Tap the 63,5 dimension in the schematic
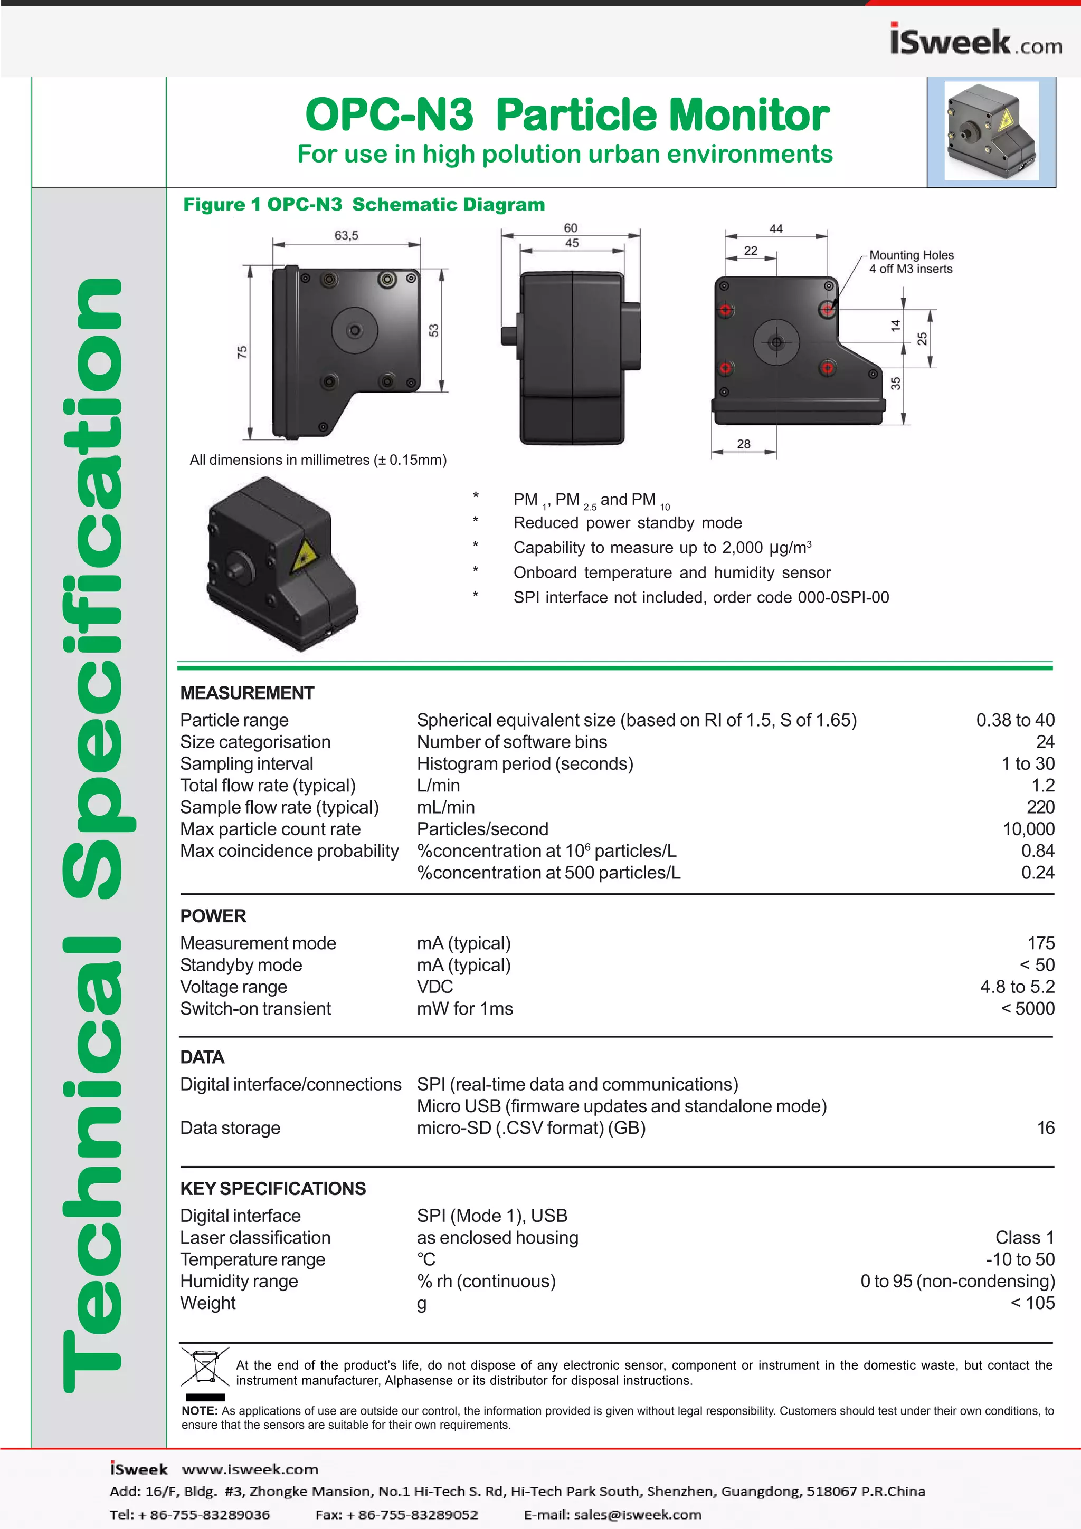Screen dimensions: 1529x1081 [346, 235]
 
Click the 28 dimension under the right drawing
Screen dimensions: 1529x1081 [743, 444]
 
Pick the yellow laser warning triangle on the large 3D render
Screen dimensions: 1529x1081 [305, 553]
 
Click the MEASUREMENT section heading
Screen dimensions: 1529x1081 [246, 693]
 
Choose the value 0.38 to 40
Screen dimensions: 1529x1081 [1014, 720]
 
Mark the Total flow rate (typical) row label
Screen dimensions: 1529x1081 [268, 786]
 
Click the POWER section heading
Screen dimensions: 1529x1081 [213, 916]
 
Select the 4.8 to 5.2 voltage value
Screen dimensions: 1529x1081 [1017, 987]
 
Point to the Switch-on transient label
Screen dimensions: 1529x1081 [255, 1009]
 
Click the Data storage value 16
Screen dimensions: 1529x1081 [1045, 1128]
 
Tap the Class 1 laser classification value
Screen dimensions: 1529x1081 [1025, 1238]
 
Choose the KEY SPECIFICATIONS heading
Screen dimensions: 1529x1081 [273, 1189]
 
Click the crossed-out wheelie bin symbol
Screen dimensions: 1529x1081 [204, 1366]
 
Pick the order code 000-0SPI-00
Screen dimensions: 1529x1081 [843, 597]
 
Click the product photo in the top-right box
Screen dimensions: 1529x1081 [991, 132]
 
